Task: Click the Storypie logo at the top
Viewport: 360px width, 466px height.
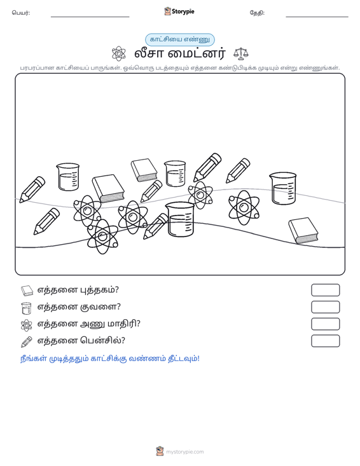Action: pyautogui.click(x=179, y=11)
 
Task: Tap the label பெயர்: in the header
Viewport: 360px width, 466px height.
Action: pyautogui.click(x=21, y=13)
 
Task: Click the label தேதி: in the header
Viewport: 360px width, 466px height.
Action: pyautogui.click(x=257, y=13)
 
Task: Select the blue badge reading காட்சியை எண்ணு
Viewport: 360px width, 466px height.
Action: pyautogui.click(x=180, y=39)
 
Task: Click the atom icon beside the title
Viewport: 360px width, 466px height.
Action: pyautogui.click(x=118, y=53)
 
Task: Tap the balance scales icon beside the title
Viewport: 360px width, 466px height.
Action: pyautogui.click(x=241, y=53)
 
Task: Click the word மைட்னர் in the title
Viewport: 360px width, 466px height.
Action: pyautogui.click(x=197, y=54)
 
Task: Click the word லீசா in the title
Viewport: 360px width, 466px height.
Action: pyautogui.click(x=148, y=54)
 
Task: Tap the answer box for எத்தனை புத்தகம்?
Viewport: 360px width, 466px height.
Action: pyautogui.click(x=325, y=290)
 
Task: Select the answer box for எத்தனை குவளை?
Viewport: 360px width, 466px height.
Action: pyautogui.click(x=325, y=307)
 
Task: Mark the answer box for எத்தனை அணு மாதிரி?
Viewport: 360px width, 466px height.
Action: pyautogui.click(x=325, y=324)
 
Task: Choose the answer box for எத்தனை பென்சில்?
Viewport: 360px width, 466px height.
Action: pyautogui.click(x=325, y=341)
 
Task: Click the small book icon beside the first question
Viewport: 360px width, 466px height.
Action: pyautogui.click(x=27, y=291)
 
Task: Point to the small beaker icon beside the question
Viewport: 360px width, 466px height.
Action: pyautogui.click(x=27, y=308)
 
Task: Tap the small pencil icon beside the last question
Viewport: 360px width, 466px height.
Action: pyautogui.click(x=27, y=342)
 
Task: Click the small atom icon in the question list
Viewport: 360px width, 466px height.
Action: pyautogui.click(x=27, y=325)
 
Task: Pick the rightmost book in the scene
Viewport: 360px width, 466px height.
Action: pyautogui.click(x=303, y=231)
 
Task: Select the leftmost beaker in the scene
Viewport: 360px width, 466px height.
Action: pyautogui.click(x=68, y=177)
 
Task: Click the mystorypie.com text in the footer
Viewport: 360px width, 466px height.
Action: pyautogui.click(x=185, y=452)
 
